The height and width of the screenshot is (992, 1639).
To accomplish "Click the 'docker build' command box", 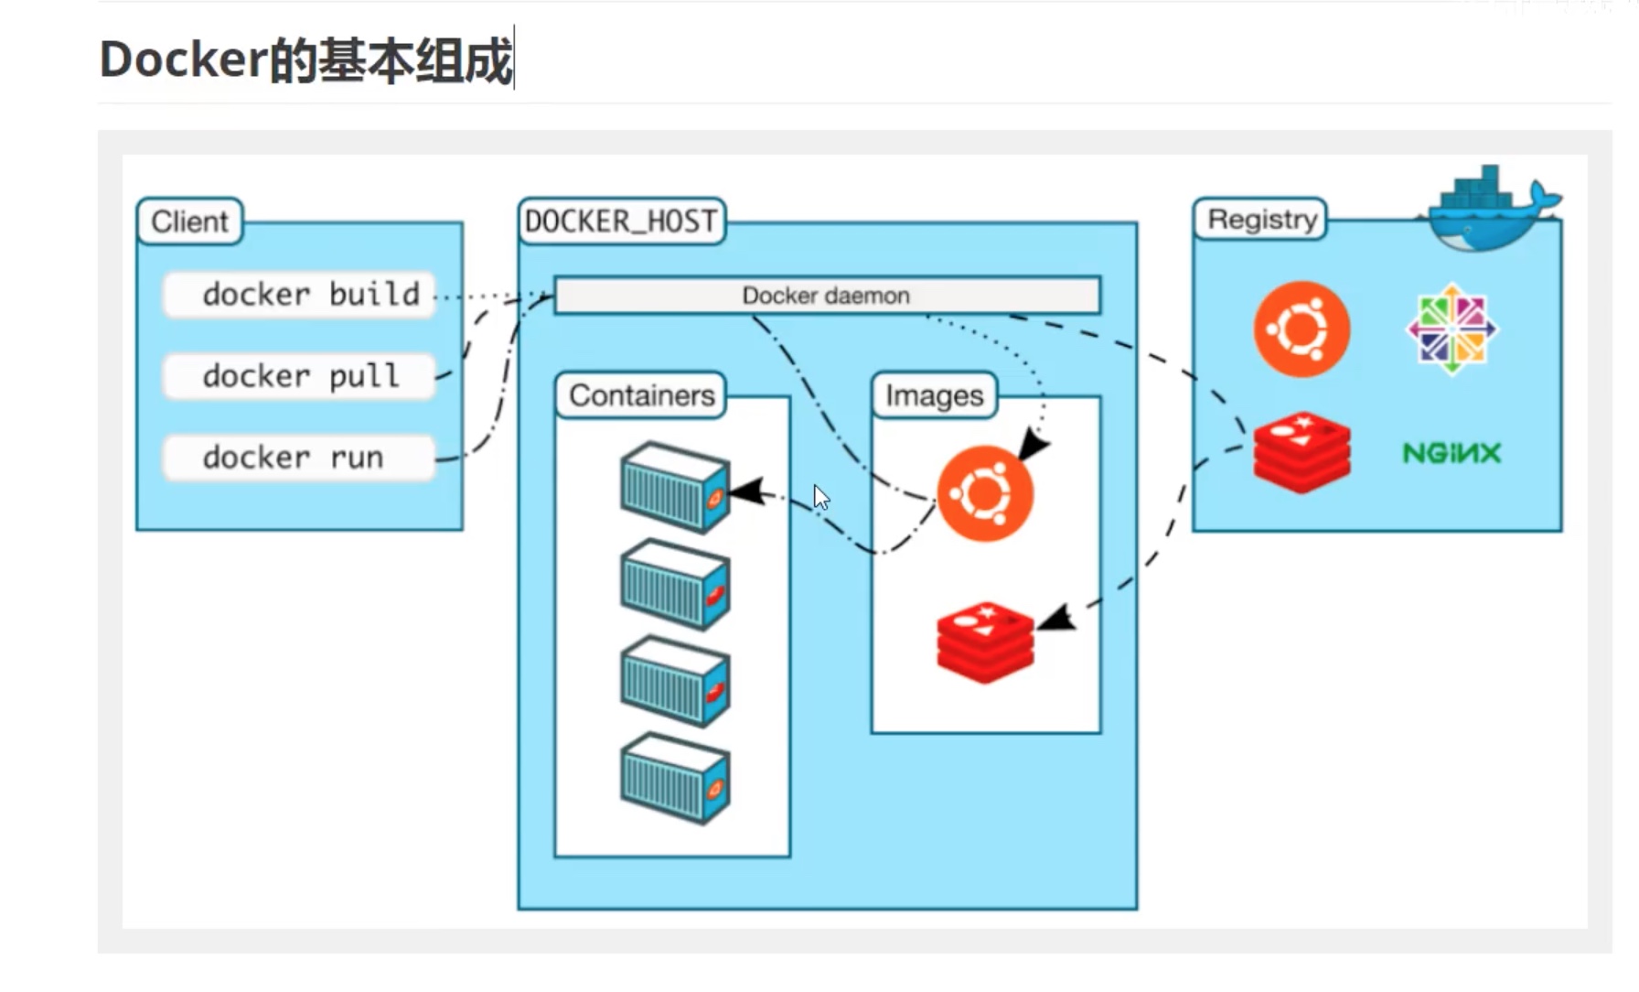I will (299, 295).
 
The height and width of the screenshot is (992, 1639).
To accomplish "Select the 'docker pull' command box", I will (299, 376).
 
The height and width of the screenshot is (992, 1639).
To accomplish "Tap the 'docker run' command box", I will (299, 458).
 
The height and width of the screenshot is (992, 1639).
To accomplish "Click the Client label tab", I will (190, 221).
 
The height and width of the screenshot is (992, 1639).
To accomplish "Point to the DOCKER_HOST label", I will (621, 221).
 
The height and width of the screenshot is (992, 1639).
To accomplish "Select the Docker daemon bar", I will (827, 296).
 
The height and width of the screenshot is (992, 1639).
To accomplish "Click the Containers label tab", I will (641, 395).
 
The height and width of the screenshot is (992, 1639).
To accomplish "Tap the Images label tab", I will (934, 395).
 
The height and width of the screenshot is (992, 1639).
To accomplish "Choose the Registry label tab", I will (1261, 220).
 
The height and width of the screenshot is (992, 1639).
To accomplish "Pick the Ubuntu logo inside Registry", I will (1302, 329).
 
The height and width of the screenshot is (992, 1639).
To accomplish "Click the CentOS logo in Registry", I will (1452, 329).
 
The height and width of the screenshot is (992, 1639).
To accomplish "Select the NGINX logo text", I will (1452, 453).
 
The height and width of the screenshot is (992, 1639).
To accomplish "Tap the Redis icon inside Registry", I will (1302, 452).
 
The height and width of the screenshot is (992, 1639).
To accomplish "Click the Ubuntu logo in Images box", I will (985, 494).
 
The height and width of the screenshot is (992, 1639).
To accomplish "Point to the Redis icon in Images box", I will (985, 642).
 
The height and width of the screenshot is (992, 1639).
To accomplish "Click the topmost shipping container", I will (675, 487).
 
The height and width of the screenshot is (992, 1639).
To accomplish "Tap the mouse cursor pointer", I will (820, 497).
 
